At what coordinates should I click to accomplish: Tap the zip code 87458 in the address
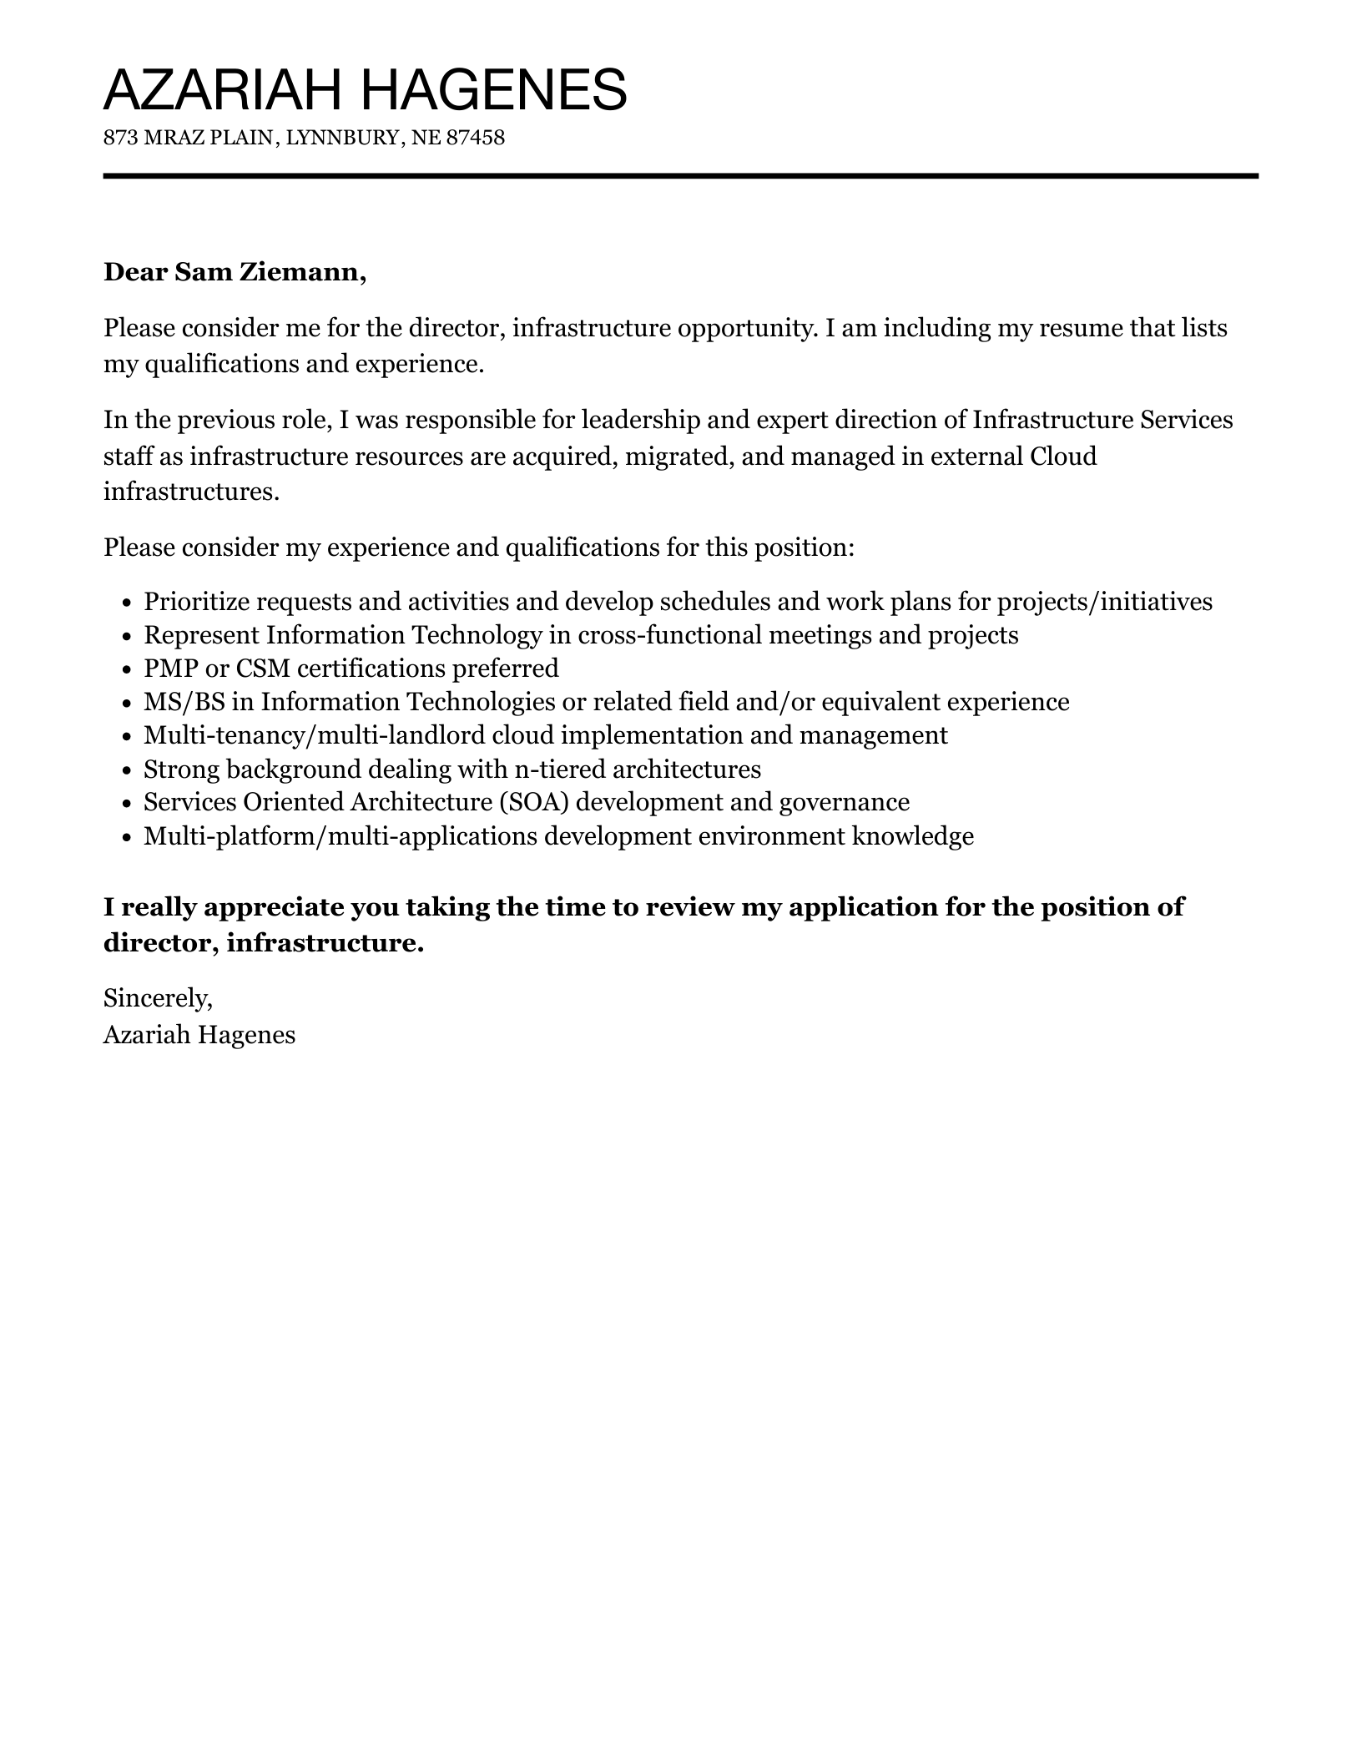pos(476,138)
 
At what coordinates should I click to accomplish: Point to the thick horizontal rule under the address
pos(680,176)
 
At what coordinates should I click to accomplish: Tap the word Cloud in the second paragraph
pos(1063,457)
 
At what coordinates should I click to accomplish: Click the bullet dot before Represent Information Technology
pos(127,637)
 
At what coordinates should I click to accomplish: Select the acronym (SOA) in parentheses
pos(534,802)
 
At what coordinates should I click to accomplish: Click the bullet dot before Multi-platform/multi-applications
pos(127,837)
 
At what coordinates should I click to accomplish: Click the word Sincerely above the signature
pos(157,997)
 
